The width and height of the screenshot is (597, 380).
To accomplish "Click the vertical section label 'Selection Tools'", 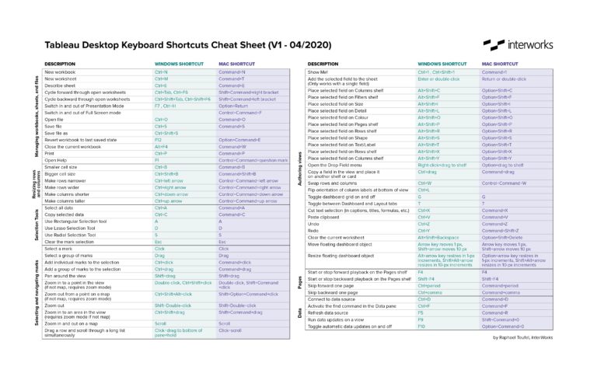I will coord(37,225).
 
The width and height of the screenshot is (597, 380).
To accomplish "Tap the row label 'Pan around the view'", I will coord(70,275).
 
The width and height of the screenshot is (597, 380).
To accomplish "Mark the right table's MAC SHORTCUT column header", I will coord(500,63).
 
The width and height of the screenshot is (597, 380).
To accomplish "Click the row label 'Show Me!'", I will coord(319,71).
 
